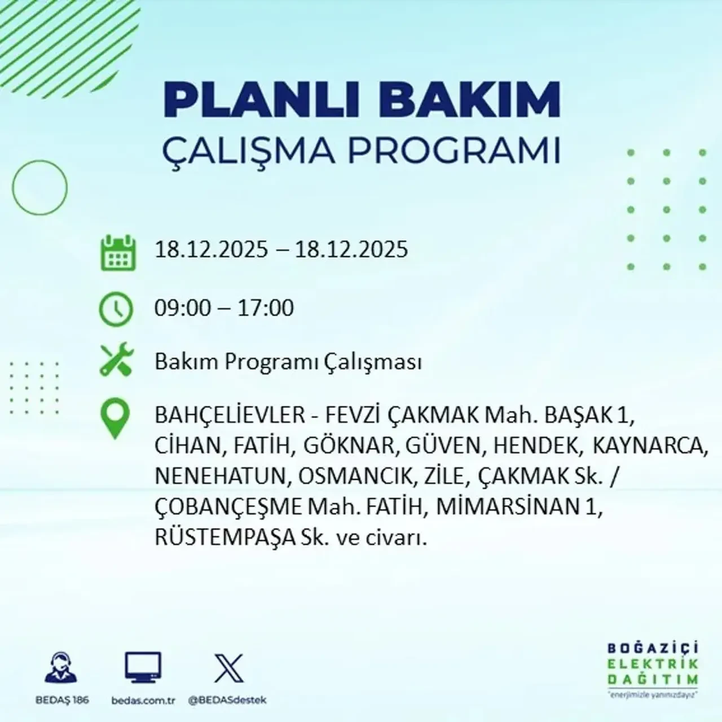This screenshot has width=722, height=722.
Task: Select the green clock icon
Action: (116, 310)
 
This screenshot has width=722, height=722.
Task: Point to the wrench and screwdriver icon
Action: (116, 361)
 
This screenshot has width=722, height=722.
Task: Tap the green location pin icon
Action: (115, 419)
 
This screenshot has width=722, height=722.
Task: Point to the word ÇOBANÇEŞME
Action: (228, 507)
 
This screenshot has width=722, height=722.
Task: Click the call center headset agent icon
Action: (60, 669)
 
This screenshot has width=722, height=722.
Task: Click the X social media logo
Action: (228, 669)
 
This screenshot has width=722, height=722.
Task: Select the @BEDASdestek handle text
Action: (227, 700)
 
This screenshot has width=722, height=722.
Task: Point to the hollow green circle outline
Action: (39, 187)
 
